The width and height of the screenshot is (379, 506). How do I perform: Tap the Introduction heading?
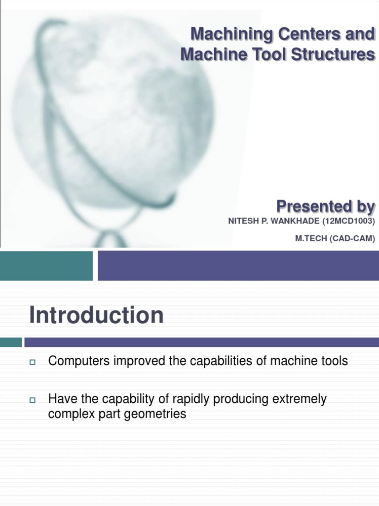click(x=96, y=315)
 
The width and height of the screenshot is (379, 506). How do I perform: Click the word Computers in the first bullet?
click(x=79, y=361)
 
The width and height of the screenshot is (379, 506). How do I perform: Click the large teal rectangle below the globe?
click(x=46, y=265)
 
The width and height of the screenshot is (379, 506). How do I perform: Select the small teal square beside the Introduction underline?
click(x=11, y=342)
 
